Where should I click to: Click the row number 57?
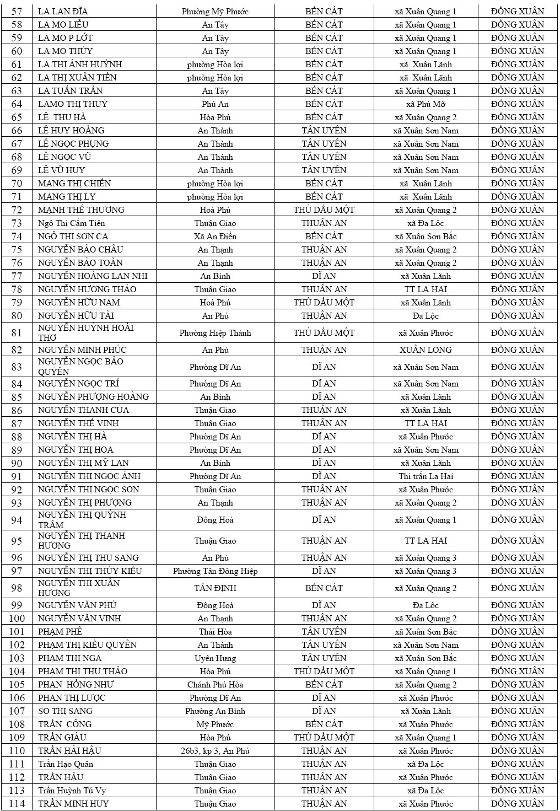17,12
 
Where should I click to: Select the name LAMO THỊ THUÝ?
73,104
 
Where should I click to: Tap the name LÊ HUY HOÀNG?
71,131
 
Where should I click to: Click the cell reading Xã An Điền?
215,237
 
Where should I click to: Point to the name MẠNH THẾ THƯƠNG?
81,210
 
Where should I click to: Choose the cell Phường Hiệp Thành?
215,333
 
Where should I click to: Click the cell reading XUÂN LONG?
426,350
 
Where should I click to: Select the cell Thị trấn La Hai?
426,476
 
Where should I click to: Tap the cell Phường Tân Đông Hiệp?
215,571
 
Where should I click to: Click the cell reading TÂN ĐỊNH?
215,588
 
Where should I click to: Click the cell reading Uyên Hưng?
215,658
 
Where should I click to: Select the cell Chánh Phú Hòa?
215,685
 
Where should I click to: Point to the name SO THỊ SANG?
65,711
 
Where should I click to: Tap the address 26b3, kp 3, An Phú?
215,751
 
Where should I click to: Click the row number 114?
17,804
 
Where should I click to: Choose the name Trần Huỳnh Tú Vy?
72,791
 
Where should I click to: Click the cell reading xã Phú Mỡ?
426,104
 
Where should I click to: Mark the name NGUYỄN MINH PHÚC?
82,350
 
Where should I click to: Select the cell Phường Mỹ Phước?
215,12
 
